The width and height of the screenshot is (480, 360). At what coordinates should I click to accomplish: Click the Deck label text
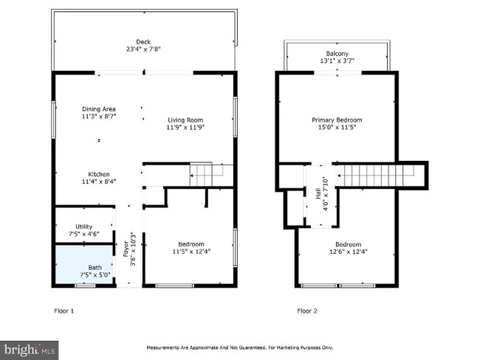pyautogui.click(x=143, y=42)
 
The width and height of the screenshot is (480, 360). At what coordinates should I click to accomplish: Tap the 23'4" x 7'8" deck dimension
pyautogui.click(x=143, y=49)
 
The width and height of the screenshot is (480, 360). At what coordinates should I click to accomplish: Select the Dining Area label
pyautogui.click(x=99, y=109)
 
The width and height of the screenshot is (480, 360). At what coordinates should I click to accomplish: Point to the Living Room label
pyautogui.click(x=185, y=120)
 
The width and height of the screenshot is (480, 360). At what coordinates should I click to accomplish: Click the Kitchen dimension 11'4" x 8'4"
pyautogui.click(x=99, y=181)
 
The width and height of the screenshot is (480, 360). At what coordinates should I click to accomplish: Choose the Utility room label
pyautogui.click(x=84, y=226)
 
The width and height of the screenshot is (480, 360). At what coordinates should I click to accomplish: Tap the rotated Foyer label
pyautogui.click(x=126, y=249)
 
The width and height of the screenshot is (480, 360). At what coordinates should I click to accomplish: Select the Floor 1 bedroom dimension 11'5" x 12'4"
pyautogui.click(x=191, y=252)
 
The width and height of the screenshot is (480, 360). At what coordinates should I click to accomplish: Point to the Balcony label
pyautogui.click(x=337, y=54)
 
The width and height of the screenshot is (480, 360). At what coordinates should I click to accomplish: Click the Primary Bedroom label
pyautogui.click(x=337, y=120)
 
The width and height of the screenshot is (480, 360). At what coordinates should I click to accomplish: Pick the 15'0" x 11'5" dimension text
pyautogui.click(x=337, y=127)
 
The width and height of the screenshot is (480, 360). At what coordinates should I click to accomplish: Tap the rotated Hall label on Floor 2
pyautogui.click(x=318, y=193)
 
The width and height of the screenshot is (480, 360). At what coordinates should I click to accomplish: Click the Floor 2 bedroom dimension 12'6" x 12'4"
pyautogui.click(x=349, y=252)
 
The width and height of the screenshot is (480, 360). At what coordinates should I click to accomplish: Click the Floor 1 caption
pyautogui.click(x=64, y=311)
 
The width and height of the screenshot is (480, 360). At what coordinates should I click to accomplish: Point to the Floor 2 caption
pyautogui.click(x=307, y=311)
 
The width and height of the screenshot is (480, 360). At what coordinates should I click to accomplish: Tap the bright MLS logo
pyautogui.click(x=30, y=350)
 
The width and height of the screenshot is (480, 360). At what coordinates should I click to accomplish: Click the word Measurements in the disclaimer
pyautogui.click(x=162, y=347)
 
